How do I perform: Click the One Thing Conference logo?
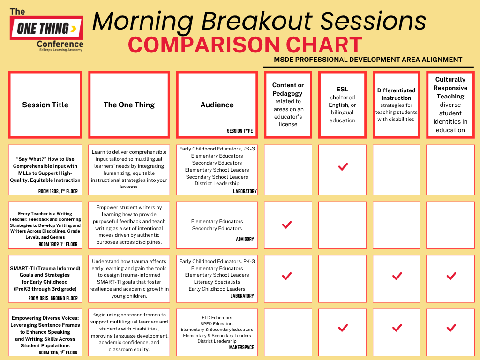click(46, 30)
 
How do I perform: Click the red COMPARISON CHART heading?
click(245, 45)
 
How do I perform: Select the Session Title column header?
click(45, 105)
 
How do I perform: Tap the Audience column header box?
click(217, 105)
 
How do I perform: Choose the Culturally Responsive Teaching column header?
click(450, 105)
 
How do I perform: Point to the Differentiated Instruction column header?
click(397, 105)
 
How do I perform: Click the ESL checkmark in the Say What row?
click(343, 167)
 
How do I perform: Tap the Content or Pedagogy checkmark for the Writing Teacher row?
click(287, 225)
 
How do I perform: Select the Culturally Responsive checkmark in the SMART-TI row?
click(451, 277)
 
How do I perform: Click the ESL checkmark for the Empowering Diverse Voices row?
click(343, 328)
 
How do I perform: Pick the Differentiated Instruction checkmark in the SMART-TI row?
click(397, 277)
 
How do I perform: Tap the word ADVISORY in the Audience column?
click(245, 239)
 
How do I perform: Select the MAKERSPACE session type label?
click(241, 348)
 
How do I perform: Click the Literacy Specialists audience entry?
click(217, 282)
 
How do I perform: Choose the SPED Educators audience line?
click(217, 324)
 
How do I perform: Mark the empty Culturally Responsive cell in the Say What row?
click(450, 169)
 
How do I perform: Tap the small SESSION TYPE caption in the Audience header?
click(240, 131)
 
